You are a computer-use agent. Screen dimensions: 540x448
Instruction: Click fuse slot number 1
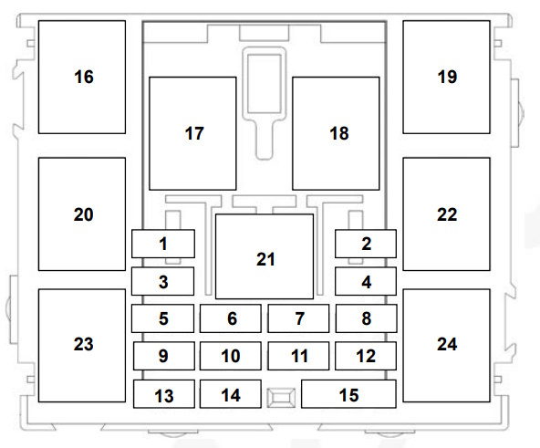coord(163,244)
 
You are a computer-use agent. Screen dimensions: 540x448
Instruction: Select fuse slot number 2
coord(366,244)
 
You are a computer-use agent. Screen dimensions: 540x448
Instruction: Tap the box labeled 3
coord(162,281)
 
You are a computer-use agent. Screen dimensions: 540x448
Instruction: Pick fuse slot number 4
coord(366,281)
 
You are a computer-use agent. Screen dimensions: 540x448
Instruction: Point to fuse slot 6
coord(231,318)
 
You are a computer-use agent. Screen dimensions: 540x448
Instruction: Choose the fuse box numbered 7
coord(298,318)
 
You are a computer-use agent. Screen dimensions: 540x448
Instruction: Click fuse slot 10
coord(231,356)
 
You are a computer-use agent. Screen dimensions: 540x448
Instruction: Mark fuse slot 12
coord(366,356)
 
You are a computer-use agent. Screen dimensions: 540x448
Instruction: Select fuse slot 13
coord(164,394)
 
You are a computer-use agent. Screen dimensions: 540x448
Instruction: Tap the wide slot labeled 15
coord(348,394)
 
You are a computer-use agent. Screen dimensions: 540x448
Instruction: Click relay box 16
coord(82,77)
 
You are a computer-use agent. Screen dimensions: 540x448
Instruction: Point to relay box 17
coord(192,133)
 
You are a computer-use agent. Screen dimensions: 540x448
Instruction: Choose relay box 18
coord(336,133)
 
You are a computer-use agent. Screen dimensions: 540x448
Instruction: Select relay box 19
coord(446,77)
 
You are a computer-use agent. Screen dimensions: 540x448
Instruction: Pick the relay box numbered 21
coord(265,256)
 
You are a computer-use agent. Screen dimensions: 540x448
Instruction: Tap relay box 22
coord(446,214)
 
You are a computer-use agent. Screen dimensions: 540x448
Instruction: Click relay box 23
coord(82,346)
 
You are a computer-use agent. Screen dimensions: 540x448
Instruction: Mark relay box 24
coord(446,346)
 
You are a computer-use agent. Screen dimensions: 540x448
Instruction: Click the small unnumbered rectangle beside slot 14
coord(281,398)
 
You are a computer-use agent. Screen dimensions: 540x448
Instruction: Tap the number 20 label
coord(83,214)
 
